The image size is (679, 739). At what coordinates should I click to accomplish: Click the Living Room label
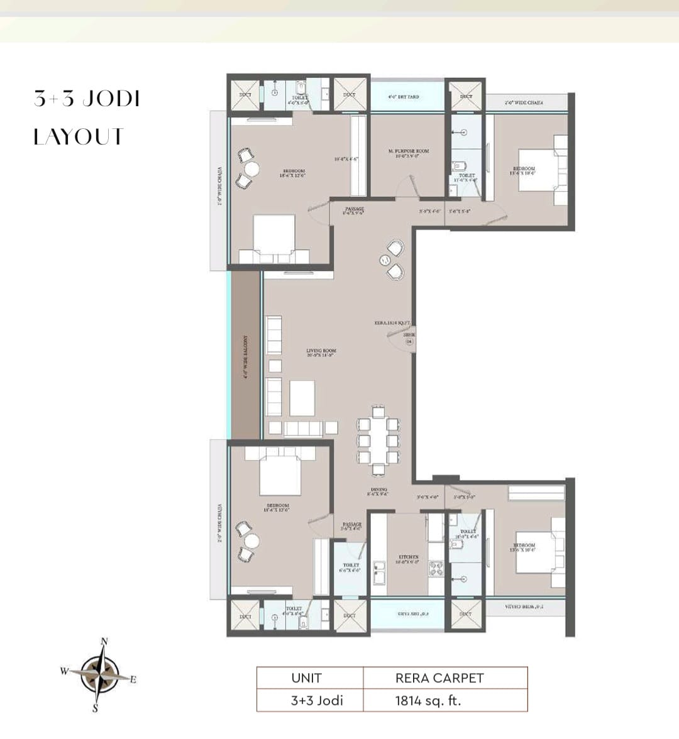321,353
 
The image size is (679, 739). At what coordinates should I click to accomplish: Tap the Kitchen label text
409,559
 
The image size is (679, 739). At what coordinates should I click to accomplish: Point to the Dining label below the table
378,491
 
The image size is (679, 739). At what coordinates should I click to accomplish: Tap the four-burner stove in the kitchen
436,568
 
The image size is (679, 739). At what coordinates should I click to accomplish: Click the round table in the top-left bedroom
251,168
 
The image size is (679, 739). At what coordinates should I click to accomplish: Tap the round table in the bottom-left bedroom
251,541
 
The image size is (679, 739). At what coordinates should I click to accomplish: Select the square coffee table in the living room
302,398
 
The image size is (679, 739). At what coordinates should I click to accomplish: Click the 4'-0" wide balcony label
245,356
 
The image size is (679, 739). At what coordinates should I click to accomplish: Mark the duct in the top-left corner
245,95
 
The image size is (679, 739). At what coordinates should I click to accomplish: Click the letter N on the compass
104,642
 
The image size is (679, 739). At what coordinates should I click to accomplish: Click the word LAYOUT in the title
79,136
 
